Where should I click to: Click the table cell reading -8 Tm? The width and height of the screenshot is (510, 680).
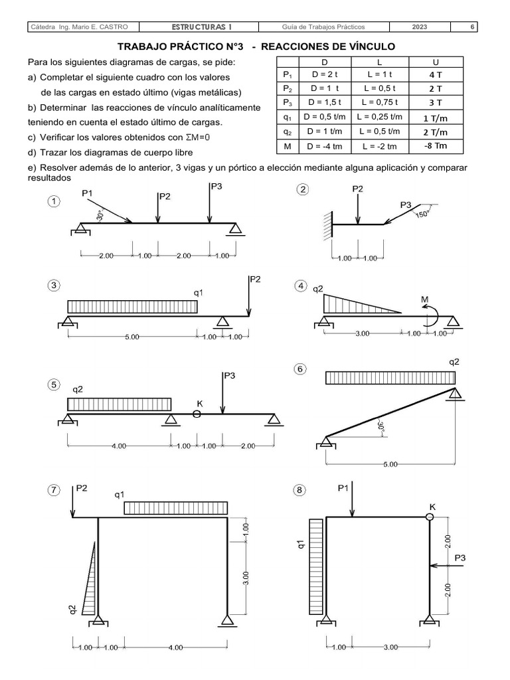(436, 146)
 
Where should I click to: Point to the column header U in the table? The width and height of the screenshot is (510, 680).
(436, 62)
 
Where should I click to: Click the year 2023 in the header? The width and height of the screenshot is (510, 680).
(420, 27)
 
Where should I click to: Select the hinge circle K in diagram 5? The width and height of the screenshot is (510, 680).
(197, 414)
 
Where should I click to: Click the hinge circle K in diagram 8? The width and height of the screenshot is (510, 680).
(430, 517)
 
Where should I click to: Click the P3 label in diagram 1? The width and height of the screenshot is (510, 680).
(216, 187)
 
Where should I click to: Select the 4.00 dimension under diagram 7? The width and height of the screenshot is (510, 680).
(175, 647)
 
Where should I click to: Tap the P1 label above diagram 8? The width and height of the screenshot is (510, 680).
(343, 488)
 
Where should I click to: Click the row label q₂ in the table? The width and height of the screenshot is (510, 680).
(287, 131)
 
